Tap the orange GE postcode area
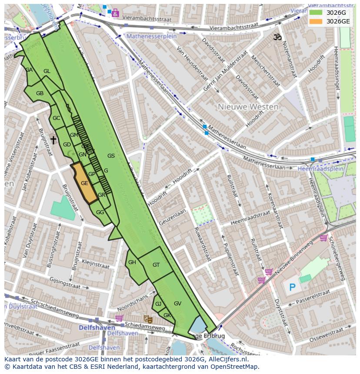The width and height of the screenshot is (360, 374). (84, 183)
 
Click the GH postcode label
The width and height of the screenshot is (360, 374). (132, 262)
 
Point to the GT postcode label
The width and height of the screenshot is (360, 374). (156, 265)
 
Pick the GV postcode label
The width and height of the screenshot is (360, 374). (177, 303)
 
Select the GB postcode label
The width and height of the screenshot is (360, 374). (40, 93)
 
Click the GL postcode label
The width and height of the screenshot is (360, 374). (47, 71)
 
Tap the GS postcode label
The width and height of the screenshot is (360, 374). (111, 156)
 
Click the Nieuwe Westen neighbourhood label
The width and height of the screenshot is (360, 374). (243, 106)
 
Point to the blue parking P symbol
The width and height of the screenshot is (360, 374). (292, 287)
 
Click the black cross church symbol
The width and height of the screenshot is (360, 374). (53, 140)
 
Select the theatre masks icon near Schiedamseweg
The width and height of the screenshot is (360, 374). (147, 319)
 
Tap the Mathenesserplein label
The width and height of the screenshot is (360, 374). (151, 36)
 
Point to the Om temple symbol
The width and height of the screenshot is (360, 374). (277, 37)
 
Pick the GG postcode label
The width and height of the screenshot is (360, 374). (100, 212)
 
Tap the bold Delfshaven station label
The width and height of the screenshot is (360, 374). (97, 327)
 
